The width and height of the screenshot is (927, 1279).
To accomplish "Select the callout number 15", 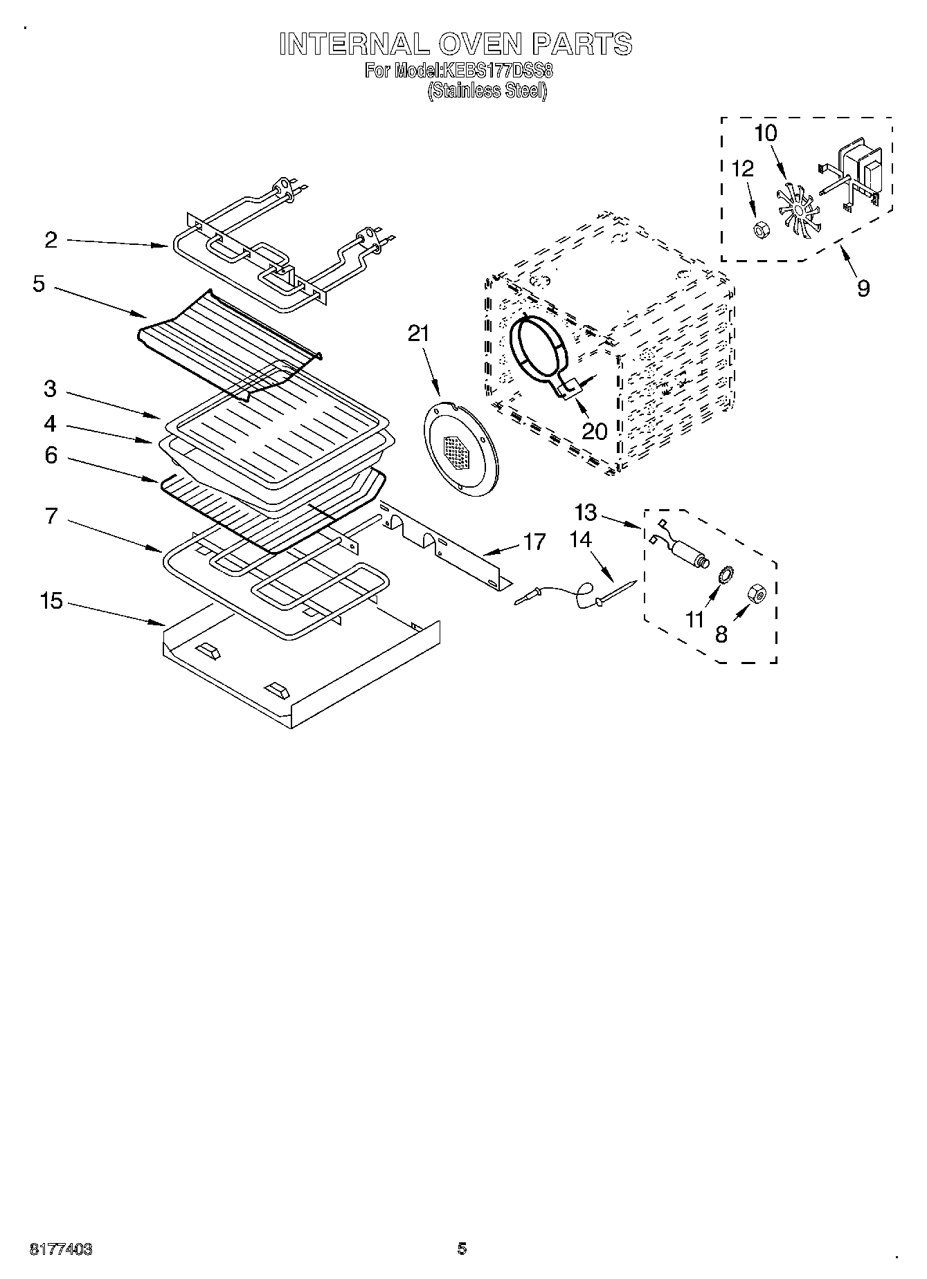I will click(51, 601).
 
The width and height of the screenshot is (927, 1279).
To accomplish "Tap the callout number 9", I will click(863, 287).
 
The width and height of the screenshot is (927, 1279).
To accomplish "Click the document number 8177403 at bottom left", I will click(61, 1249).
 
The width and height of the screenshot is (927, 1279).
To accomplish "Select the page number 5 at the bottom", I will click(462, 1249).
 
